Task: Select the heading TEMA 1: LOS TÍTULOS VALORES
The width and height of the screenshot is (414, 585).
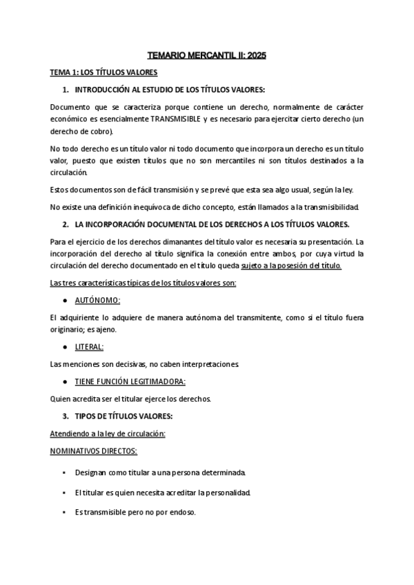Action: click(103, 72)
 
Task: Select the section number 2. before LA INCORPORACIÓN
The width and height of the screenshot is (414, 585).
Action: click(65, 224)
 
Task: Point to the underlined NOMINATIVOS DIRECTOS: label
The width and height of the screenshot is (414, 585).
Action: click(94, 450)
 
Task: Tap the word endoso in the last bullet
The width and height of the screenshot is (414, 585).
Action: click(182, 513)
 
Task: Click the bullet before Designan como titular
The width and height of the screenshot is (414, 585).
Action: click(64, 473)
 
